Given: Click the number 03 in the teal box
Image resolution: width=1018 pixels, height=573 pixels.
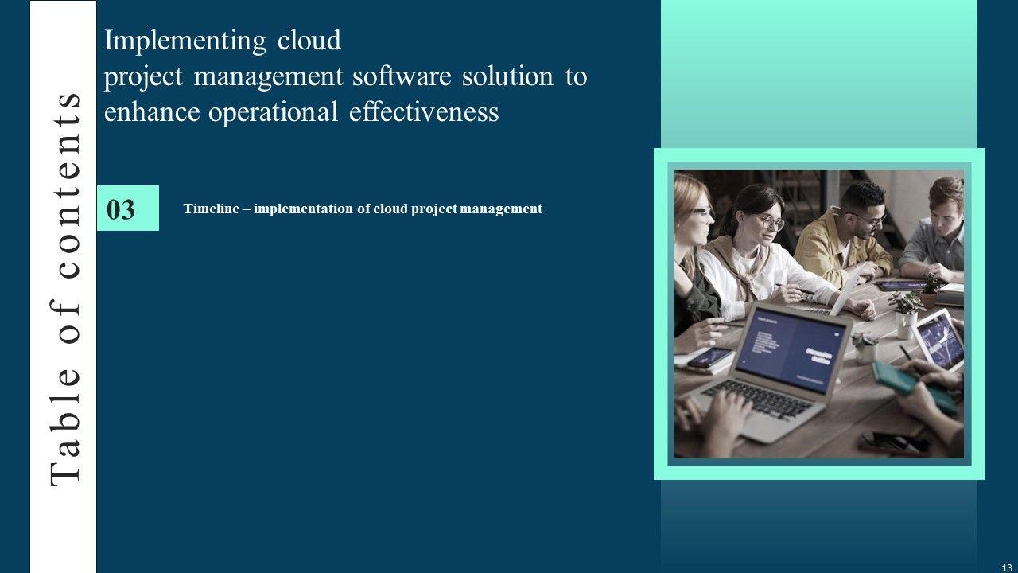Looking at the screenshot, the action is (121, 209).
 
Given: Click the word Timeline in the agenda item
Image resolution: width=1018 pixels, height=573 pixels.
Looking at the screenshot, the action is (212, 209).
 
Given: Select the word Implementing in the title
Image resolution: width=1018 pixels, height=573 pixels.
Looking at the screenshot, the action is (185, 41).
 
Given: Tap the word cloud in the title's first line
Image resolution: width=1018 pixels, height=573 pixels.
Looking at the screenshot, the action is (309, 40).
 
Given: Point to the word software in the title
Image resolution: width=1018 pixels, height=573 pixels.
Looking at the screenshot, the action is (402, 76).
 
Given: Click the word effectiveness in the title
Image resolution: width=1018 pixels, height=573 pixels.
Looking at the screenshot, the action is (424, 111).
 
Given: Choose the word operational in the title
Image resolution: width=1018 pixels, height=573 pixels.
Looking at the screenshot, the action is (273, 113).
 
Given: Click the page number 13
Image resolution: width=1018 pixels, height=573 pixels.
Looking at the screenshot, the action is (1007, 568).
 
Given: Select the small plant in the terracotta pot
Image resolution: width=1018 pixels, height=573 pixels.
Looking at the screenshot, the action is (930, 290).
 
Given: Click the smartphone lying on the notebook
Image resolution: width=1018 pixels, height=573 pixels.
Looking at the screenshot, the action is (709, 357).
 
